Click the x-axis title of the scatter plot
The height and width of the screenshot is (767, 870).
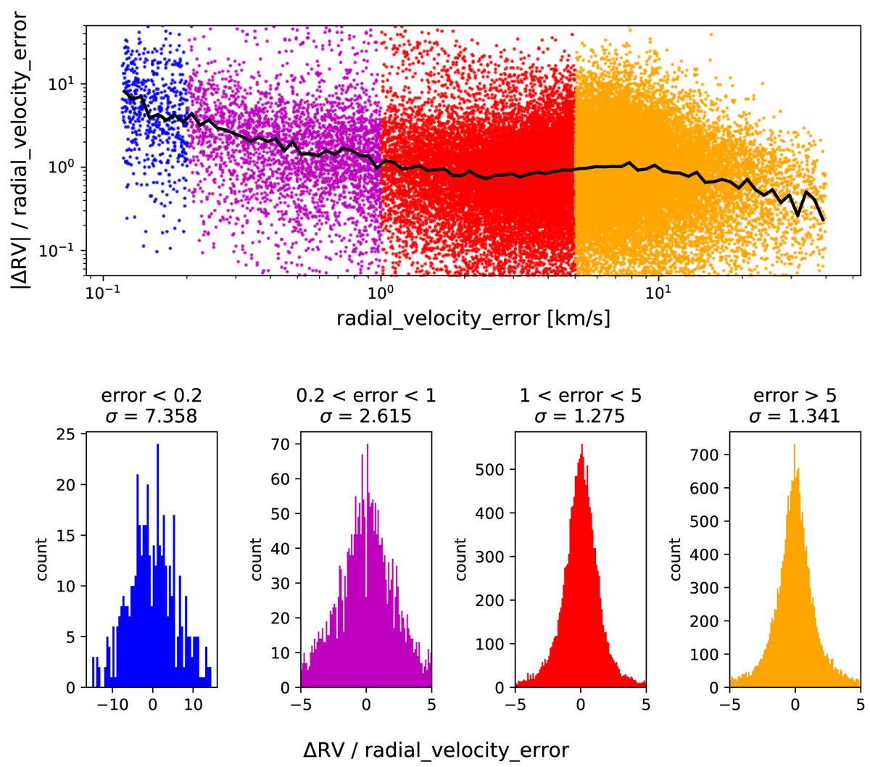[473, 318]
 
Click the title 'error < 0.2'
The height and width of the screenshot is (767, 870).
[152, 396]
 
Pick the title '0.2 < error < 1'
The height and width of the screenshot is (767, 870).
[366, 396]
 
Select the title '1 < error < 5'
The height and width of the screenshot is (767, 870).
[580, 396]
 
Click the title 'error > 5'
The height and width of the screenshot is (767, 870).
[795, 396]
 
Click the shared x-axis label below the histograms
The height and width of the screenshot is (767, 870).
[435, 751]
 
